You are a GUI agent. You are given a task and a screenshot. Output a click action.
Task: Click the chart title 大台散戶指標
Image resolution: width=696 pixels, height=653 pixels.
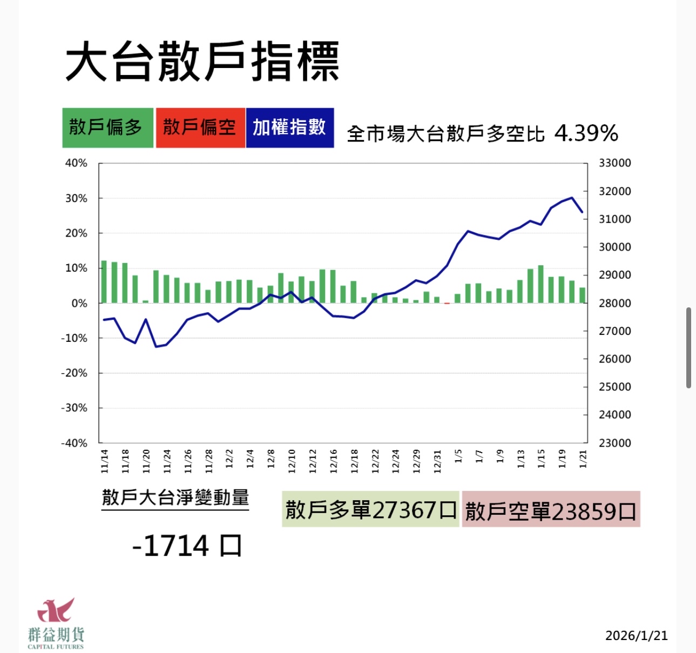point(202,62)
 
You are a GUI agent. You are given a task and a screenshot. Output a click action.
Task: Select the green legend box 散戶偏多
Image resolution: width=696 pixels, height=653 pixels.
point(107,127)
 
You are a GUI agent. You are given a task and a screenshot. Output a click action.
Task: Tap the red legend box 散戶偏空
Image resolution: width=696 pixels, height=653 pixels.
point(200,127)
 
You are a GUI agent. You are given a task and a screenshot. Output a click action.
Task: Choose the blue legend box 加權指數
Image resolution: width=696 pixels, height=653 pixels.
point(289,127)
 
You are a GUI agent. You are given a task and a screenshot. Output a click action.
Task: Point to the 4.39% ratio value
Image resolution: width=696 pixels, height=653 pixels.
point(586,133)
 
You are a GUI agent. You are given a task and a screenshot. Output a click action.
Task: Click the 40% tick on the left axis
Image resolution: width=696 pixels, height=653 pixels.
point(76,163)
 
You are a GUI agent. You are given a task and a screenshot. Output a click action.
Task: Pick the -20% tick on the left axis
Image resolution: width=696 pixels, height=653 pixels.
point(74,373)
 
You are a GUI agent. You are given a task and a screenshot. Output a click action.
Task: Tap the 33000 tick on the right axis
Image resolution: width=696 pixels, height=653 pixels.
point(614,163)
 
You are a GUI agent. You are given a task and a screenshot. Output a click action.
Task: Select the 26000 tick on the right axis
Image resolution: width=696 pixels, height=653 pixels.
point(614,359)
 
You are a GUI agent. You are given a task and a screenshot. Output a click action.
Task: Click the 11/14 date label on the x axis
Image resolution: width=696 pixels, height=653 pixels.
point(104,461)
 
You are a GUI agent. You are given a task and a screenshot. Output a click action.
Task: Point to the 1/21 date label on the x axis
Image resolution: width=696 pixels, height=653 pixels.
point(583,459)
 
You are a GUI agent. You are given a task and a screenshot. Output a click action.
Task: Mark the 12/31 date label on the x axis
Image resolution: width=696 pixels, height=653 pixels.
point(437,461)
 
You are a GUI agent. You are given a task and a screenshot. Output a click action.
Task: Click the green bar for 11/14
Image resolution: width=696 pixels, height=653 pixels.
point(104,282)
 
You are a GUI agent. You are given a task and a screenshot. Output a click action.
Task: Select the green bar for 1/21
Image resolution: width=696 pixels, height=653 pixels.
point(582,295)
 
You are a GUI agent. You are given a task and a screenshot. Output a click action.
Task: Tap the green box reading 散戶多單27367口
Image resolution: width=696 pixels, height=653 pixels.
point(370,509)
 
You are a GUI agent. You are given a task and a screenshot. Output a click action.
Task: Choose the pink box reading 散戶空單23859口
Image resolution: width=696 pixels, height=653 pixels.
point(551,509)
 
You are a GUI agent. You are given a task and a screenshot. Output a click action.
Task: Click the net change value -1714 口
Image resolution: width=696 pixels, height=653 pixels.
point(187,546)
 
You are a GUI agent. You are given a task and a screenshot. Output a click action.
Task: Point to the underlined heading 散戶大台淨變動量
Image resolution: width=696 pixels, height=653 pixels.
point(175,497)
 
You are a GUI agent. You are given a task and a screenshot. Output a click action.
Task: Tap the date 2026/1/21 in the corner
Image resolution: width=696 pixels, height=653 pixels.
point(636,635)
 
